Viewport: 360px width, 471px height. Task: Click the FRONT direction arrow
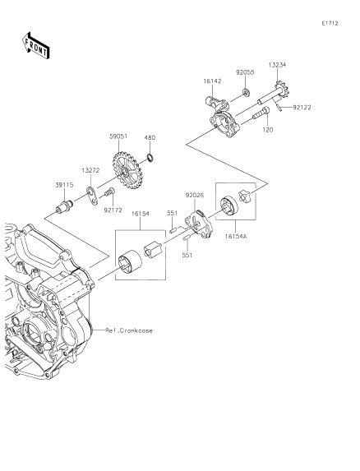tap(35, 46)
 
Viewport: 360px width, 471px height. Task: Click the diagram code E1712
tap(330, 23)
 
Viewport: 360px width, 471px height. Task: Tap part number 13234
tap(278, 65)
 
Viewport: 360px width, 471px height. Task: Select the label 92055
tap(245, 72)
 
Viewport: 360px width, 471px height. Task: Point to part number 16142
tap(212, 81)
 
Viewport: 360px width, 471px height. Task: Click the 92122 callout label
tap(302, 107)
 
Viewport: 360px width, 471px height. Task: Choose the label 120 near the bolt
tap(268, 130)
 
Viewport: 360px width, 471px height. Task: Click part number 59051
tap(118, 136)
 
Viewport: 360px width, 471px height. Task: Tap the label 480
tap(150, 138)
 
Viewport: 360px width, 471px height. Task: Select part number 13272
tap(90, 171)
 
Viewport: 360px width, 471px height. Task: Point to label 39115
tap(64, 185)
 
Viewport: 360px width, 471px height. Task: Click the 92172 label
tap(113, 210)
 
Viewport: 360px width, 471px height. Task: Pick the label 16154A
tap(236, 237)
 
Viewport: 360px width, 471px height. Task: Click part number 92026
tap(195, 196)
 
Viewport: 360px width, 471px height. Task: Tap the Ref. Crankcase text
tap(129, 330)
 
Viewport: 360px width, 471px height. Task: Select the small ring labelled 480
tap(150, 157)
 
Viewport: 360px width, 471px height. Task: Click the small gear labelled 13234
tap(282, 90)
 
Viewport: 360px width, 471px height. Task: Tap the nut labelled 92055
tap(247, 93)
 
